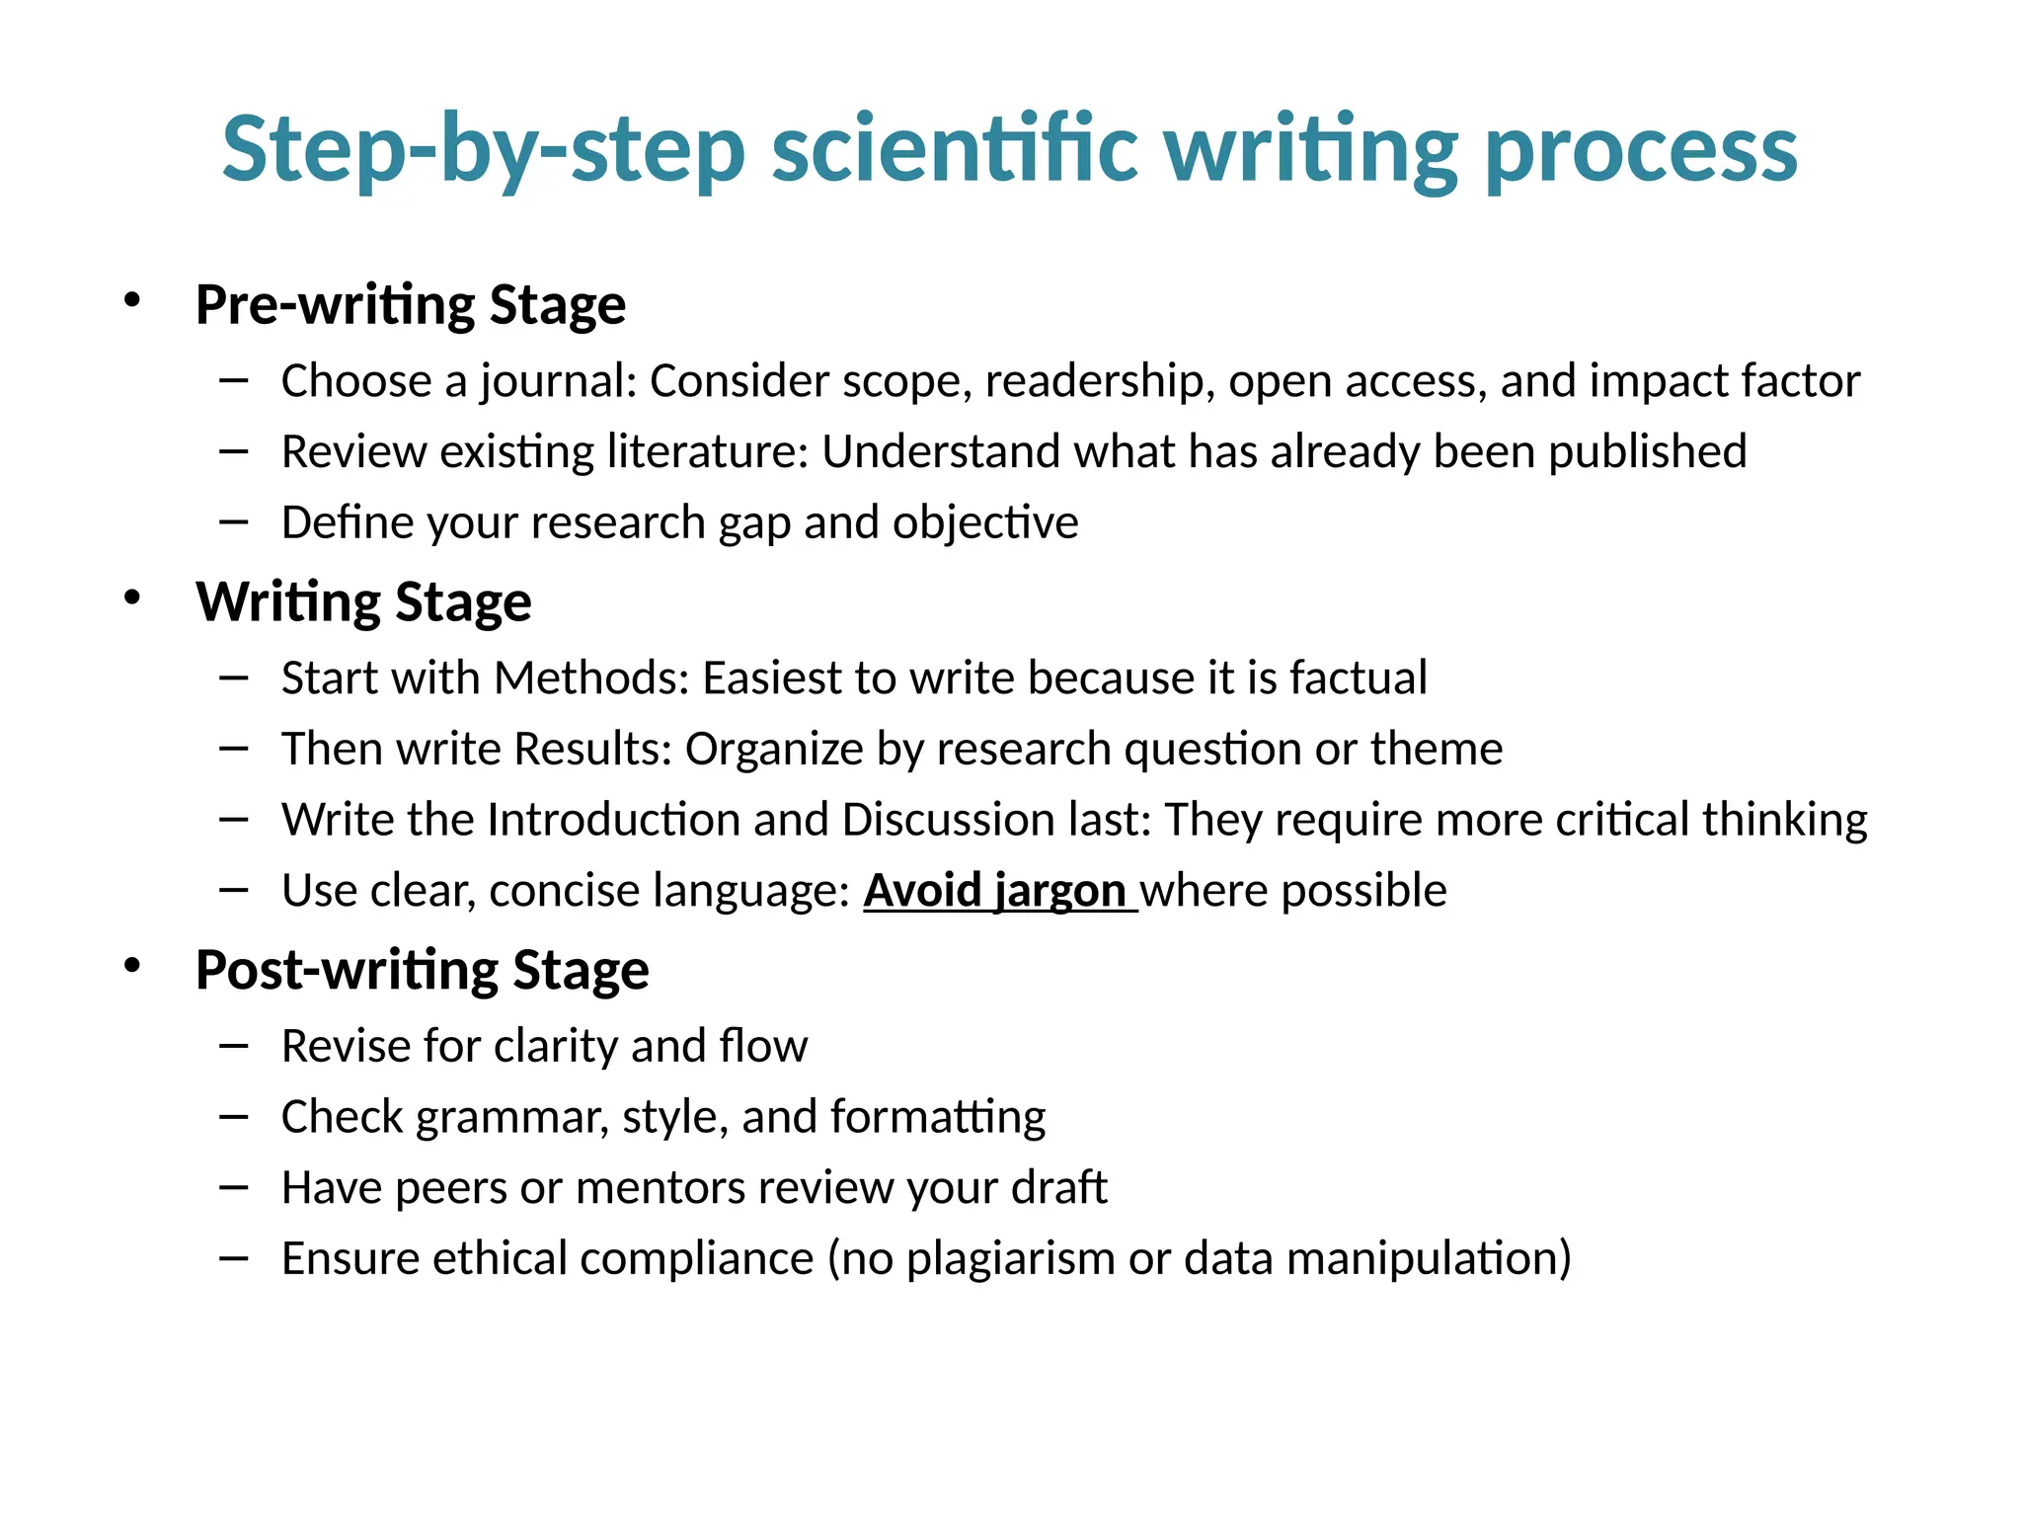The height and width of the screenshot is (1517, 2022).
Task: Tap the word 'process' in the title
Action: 1641,150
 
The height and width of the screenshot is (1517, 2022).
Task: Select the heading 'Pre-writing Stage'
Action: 411,304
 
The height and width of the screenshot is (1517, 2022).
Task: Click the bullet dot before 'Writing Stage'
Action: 132,598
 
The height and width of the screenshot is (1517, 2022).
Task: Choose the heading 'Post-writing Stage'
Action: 423,970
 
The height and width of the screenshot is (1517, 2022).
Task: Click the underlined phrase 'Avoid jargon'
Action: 995,890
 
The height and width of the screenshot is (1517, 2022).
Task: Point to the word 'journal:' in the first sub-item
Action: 559,381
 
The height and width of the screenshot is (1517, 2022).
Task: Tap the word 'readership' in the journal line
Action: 1099,381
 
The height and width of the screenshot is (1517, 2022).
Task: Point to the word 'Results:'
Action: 593,749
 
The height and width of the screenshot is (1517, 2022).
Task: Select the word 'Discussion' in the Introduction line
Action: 949,820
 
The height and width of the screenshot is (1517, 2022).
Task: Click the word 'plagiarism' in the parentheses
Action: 1011,1258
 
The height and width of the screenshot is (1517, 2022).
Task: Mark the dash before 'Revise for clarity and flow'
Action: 234,1045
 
